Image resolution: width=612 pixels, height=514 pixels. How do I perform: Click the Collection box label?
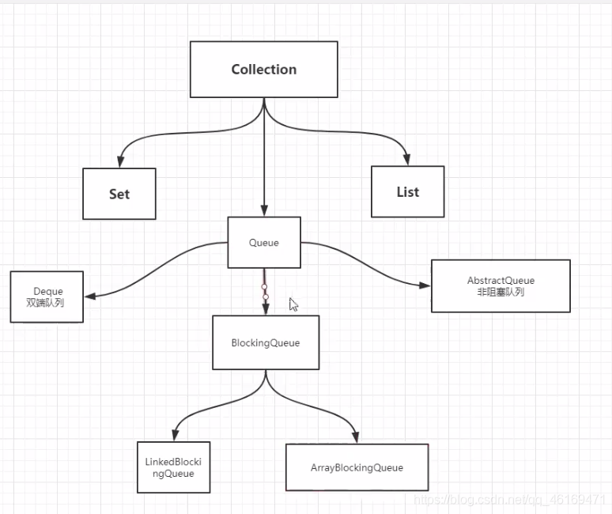click(264, 70)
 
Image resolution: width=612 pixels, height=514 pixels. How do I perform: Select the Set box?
click(119, 194)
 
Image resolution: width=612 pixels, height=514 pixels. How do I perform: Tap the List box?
click(408, 191)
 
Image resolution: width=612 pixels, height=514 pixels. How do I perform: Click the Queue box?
click(264, 242)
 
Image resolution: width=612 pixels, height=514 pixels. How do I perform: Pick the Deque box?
click(47, 297)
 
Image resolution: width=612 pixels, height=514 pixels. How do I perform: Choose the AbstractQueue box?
click(501, 286)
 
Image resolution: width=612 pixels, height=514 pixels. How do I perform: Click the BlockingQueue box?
click(266, 342)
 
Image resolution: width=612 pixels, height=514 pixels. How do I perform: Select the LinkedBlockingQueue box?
click(174, 467)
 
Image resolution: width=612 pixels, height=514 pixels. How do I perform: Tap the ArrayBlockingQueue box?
click(357, 467)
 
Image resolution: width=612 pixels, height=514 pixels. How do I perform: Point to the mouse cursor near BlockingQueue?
click(293, 304)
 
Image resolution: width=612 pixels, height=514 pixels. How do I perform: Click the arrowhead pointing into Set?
click(121, 161)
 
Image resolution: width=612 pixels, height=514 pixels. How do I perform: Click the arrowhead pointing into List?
click(406, 159)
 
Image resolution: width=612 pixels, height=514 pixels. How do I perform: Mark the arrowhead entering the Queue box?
click(264, 210)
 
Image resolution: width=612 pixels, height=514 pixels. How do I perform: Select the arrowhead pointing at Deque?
click(90, 297)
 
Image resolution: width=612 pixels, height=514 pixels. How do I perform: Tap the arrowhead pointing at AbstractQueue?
click(425, 285)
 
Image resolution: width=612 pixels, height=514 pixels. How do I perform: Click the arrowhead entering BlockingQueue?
click(266, 309)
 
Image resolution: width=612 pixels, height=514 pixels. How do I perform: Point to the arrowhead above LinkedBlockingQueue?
click(176, 435)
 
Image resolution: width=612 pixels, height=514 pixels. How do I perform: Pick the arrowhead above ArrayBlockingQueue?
click(355, 437)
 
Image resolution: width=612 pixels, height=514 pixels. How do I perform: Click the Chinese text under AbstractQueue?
click(501, 292)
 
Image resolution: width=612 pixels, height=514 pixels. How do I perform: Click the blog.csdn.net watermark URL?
click(509, 500)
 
